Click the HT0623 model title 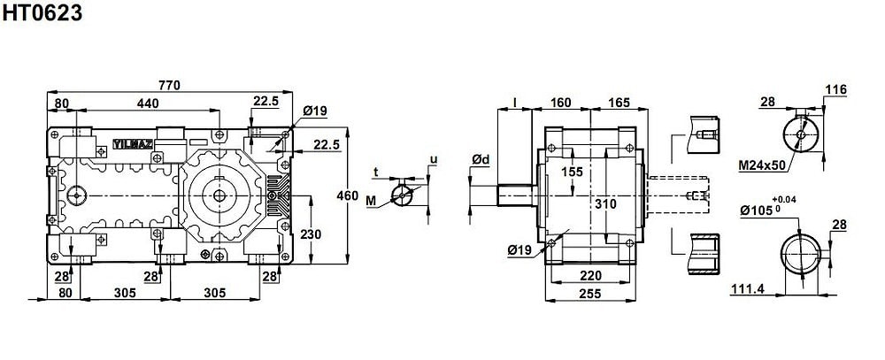pyautogui.click(x=42, y=12)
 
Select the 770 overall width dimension pyautogui.click(x=169, y=85)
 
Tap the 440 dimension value pyautogui.click(x=147, y=103)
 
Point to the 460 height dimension pyautogui.click(x=347, y=195)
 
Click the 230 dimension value pyautogui.click(x=311, y=234)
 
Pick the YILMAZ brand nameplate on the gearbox pyautogui.click(x=133, y=144)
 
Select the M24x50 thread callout pyautogui.click(x=762, y=165)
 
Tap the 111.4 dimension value pyautogui.click(x=747, y=289)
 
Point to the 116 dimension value pyautogui.click(x=836, y=89)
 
